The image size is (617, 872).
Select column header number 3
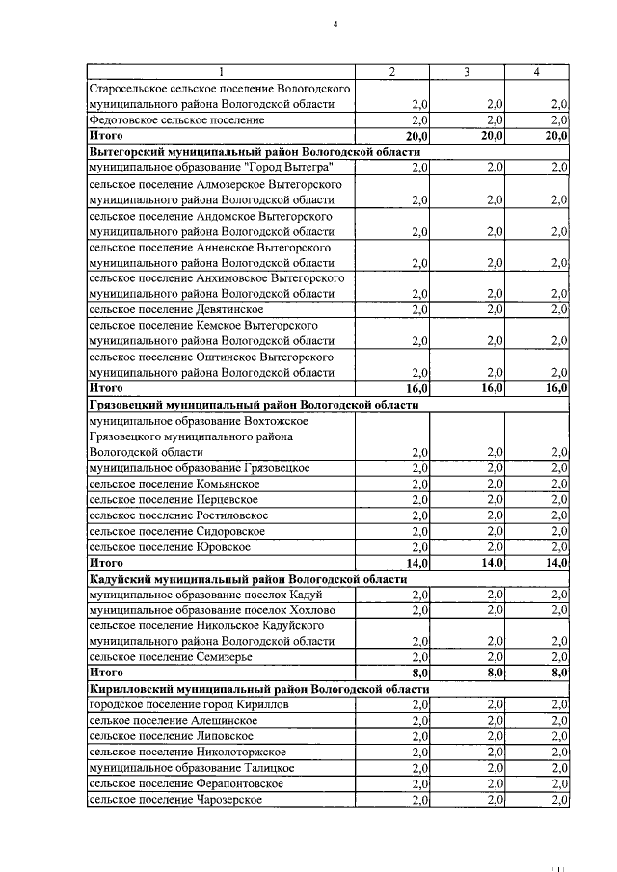[x=467, y=72]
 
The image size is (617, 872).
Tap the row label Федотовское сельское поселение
[x=175, y=120]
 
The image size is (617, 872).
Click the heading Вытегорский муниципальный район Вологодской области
[x=255, y=152]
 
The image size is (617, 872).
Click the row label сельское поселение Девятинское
[x=175, y=309]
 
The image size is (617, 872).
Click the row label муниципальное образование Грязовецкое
[x=199, y=467]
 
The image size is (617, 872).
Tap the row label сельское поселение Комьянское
[x=174, y=483]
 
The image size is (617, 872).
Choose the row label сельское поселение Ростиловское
[x=178, y=515]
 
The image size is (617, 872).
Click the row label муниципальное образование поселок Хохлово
[x=211, y=609]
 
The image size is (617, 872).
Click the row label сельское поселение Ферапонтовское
[x=185, y=783]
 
